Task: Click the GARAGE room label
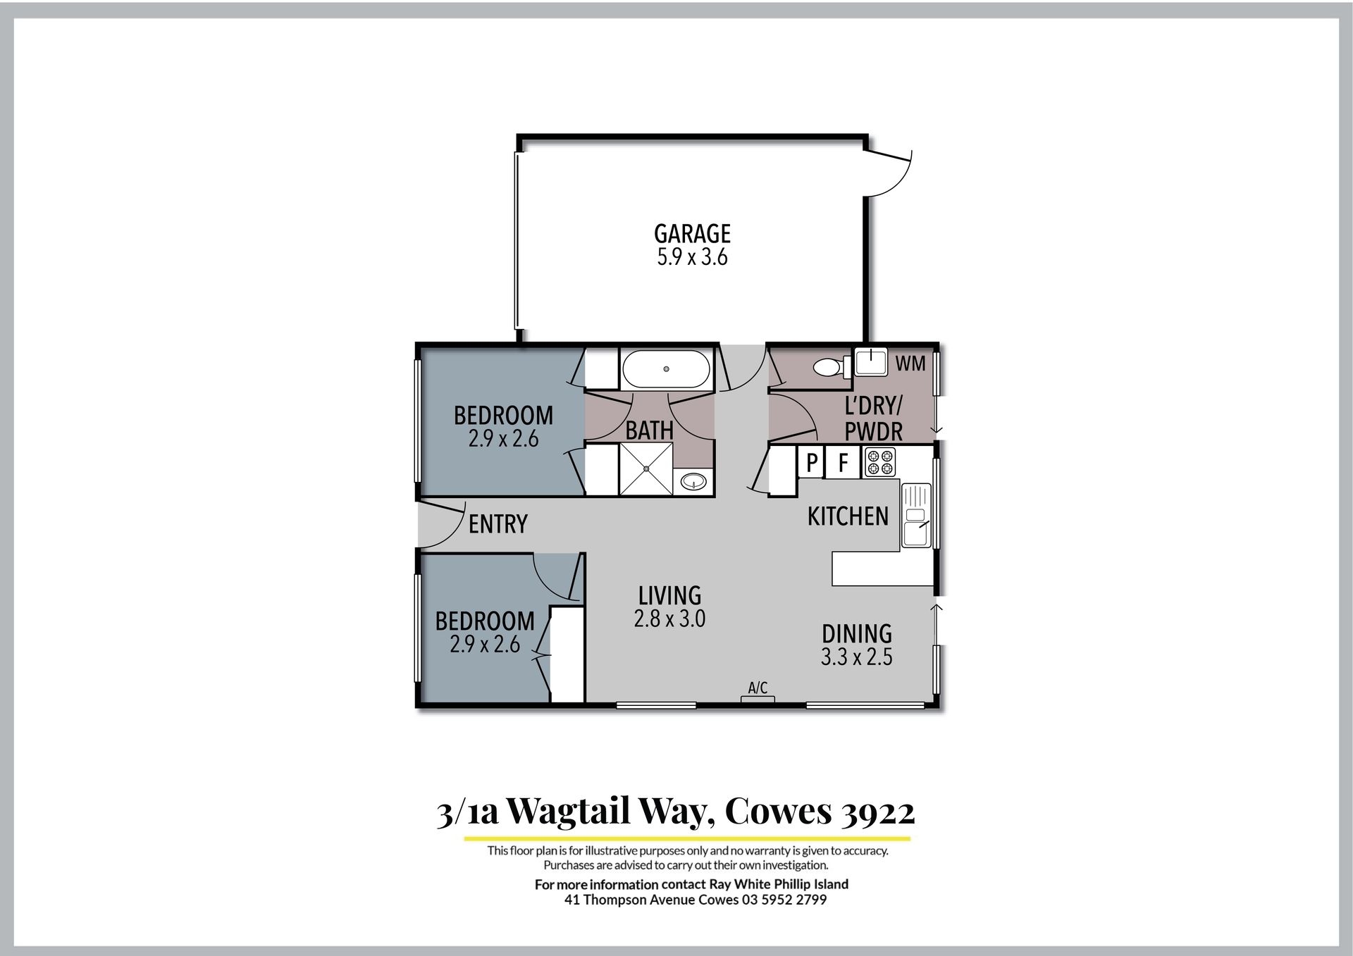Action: coord(692,234)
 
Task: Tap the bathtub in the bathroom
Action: coord(666,369)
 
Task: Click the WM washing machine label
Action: coord(910,364)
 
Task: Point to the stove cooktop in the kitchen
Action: coord(880,462)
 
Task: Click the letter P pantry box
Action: coord(812,463)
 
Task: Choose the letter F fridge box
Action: coord(843,463)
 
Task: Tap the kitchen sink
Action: coord(916,514)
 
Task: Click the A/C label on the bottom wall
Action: coord(758,688)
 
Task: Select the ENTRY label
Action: coord(498,524)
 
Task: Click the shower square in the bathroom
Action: coord(646,469)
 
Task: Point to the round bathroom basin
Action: coord(694,482)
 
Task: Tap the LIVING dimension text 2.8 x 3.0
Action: coord(669,619)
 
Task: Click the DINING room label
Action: coord(857,633)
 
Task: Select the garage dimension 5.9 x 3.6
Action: coord(692,257)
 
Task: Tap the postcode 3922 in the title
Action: coord(878,812)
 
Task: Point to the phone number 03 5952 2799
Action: coord(784,900)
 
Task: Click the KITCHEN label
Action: coord(848,516)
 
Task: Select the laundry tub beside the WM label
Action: coord(871,362)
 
